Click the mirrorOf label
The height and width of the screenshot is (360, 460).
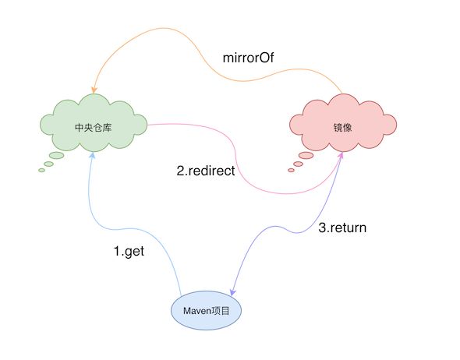point(248,58)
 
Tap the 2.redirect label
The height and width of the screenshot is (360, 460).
point(206,171)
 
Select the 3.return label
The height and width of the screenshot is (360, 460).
point(342,228)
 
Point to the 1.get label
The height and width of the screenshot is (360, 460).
point(129,252)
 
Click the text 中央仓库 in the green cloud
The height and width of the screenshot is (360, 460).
point(94,128)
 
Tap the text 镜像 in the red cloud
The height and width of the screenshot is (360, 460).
point(342,128)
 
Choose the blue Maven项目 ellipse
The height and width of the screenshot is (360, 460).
point(207,310)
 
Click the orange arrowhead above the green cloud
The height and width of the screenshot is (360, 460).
point(94,90)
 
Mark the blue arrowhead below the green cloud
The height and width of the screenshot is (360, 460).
point(93,155)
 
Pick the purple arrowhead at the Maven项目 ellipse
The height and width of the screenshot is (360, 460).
point(232,292)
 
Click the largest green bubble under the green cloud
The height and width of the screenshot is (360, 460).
point(57,155)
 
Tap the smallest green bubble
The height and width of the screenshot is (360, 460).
point(41,170)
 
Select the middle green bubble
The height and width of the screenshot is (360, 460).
point(48,164)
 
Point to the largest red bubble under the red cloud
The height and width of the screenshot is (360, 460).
point(306,155)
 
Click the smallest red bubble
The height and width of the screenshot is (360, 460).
point(291,170)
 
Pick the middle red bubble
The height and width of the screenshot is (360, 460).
point(298,164)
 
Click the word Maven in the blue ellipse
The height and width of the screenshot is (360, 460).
point(196,311)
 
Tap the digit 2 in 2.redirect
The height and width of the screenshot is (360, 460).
point(180,171)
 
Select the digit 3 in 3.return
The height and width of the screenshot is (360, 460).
point(322,228)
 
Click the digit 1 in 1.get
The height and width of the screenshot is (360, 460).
point(118,251)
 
